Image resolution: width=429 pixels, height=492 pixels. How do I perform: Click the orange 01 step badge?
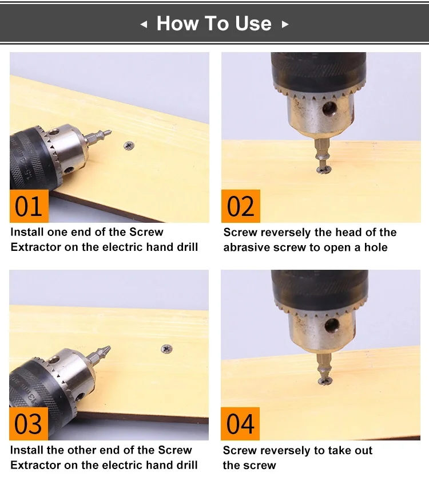pyautogui.click(x=29, y=206)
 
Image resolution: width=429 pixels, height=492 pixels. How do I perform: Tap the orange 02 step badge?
pyautogui.click(x=241, y=206)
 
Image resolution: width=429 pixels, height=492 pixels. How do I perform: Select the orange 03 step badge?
pyautogui.click(x=29, y=424)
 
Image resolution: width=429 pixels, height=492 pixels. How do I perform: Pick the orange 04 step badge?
pyautogui.click(x=240, y=424)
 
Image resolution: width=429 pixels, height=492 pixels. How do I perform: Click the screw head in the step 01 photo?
pyautogui.click(x=129, y=145)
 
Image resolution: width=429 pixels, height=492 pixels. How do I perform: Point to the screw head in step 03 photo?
pyautogui.click(x=166, y=349)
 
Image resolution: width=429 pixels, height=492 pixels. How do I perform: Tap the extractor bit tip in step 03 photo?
pyautogui.click(x=109, y=347)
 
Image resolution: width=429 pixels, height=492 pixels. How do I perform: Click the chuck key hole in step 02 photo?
pyautogui.click(x=330, y=109)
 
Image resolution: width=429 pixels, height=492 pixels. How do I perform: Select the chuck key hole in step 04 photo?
pyautogui.click(x=332, y=325)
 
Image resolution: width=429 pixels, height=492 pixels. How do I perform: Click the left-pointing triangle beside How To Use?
pyautogui.click(x=144, y=24)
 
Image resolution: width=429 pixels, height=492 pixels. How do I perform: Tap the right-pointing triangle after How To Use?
pyautogui.click(x=285, y=24)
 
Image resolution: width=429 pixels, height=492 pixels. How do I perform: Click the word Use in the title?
pyautogui.click(x=253, y=23)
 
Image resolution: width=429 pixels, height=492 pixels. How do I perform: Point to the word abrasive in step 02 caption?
pyautogui.click(x=246, y=247)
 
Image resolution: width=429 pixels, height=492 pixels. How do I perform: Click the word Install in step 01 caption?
pyautogui.click(x=27, y=232)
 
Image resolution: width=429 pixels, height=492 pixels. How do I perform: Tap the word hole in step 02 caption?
pyautogui.click(x=376, y=247)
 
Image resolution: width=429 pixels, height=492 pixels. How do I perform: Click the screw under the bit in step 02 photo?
pyautogui.click(x=324, y=170)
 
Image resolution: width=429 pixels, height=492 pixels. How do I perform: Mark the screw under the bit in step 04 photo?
pyautogui.click(x=325, y=381)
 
